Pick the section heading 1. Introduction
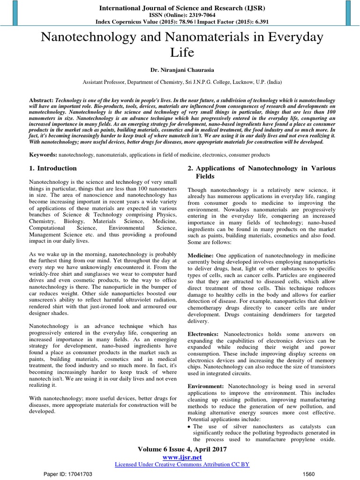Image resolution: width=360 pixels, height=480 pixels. pos(53,168)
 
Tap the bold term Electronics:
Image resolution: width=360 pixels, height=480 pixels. pos(203,334)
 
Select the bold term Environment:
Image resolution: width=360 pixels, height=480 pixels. pos(206,385)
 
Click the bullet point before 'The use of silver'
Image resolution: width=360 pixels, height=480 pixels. pos(189,427)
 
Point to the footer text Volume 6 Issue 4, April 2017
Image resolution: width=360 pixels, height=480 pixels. pos(182,449)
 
